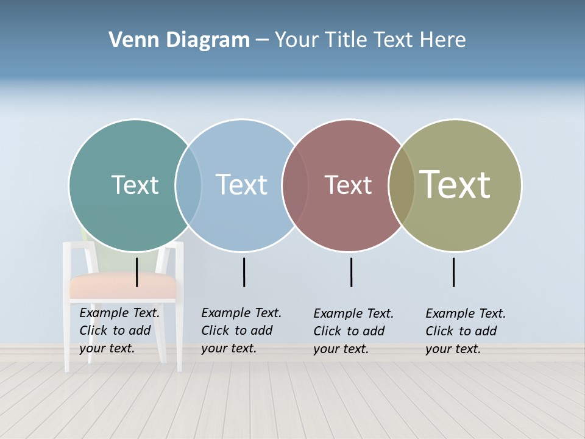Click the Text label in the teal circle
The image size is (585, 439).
135,185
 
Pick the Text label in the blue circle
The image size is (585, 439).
241,185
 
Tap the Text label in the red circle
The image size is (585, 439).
348,185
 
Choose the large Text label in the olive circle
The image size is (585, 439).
455,185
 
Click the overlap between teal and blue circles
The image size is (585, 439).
188,185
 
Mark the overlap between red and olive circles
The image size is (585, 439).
402,185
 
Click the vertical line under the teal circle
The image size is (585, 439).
137,272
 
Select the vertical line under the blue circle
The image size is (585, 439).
244,272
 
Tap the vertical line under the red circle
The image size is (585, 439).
351,272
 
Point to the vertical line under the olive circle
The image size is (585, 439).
453,272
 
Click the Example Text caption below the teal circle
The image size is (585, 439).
119,330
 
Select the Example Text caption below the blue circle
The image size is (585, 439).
241,330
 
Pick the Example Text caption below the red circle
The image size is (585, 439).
353,331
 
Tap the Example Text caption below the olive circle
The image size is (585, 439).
465,331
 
